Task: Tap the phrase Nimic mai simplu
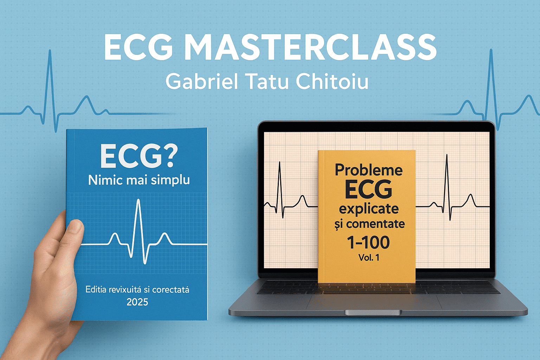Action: pyautogui.click(x=139, y=180)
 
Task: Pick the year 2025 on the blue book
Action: pyautogui.click(x=137, y=302)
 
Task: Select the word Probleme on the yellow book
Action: pyautogui.click(x=368, y=170)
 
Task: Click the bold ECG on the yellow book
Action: pyautogui.click(x=368, y=190)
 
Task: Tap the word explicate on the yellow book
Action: pyautogui.click(x=368, y=209)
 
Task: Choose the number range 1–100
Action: pyautogui.click(x=368, y=242)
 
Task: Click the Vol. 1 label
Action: pyautogui.click(x=369, y=258)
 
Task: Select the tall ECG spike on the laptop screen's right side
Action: pyautogui.click(x=447, y=187)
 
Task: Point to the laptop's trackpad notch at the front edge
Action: pyautogui.click(x=373, y=313)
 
